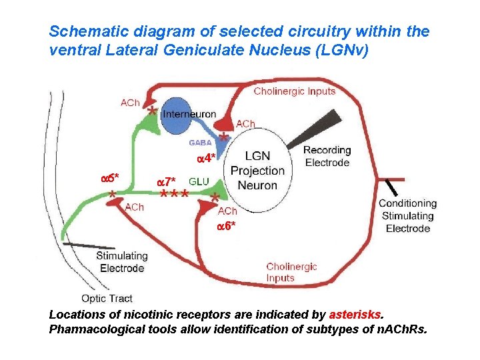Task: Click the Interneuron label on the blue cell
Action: [x=189, y=115]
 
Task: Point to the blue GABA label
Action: [x=200, y=142]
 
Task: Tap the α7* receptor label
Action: [x=165, y=181]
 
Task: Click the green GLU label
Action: [x=199, y=181]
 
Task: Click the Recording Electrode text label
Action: [x=327, y=156]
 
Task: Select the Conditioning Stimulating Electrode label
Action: [x=407, y=216]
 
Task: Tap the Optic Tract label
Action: [x=107, y=298]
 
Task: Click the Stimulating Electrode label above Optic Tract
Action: [x=121, y=262]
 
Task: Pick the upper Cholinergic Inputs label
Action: [x=294, y=91]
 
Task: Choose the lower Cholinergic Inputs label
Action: [x=291, y=272]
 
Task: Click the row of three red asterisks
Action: [x=173, y=194]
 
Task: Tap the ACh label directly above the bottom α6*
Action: [x=227, y=211]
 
